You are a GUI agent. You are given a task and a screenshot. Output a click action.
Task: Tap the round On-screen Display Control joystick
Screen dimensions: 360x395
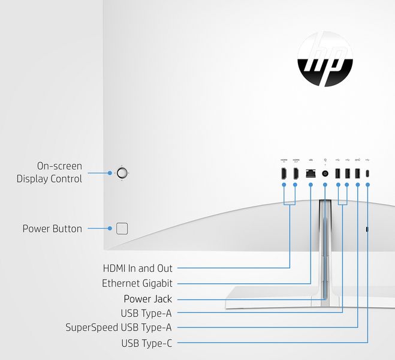point(122,173)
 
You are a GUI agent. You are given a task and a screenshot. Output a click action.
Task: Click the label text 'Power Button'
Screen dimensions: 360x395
point(52,229)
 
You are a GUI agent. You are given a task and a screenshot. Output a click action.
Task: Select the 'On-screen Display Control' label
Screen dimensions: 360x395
point(50,172)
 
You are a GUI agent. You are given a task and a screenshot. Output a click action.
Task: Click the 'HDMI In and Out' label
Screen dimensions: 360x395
point(137,268)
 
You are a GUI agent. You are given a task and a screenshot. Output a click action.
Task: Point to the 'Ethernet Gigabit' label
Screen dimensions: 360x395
point(137,283)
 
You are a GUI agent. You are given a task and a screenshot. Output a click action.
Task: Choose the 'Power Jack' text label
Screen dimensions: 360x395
point(147,299)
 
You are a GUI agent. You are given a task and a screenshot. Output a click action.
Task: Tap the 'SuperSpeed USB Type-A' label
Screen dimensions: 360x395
point(119,328)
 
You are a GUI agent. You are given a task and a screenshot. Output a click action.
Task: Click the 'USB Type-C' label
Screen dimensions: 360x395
point(146,343)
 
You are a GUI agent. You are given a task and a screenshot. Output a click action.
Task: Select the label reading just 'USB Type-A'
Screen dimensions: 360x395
point(146,313)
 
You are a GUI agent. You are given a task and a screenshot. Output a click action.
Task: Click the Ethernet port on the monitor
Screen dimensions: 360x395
point(310,173)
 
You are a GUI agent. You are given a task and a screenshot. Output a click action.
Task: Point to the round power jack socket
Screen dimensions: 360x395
point(325,173)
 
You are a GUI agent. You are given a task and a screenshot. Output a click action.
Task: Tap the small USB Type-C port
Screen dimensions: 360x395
point(367,173)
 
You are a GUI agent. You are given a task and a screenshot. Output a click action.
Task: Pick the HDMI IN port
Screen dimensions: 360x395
point(284,173)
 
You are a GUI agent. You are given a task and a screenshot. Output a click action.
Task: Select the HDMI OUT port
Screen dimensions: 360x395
point(296,173)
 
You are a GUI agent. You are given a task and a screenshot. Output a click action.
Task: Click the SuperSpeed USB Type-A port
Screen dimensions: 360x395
point(358,173)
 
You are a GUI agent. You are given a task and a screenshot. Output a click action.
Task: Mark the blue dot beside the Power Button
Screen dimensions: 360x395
point(110,229)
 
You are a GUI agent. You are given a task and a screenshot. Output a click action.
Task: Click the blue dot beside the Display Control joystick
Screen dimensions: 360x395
point(110,173)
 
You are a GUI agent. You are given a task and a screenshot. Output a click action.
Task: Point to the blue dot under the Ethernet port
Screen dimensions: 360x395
point(310,185)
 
